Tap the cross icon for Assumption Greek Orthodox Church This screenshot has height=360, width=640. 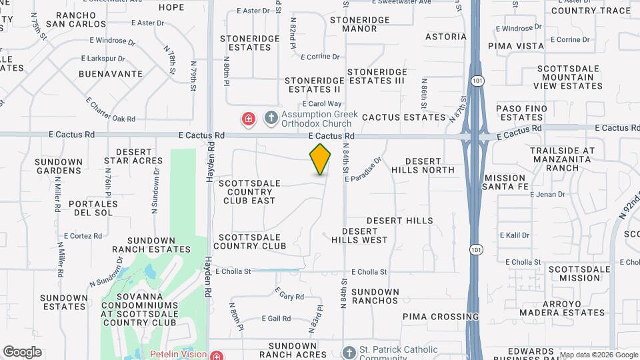[x=271, y=119]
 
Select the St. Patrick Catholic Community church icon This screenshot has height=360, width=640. [x=349, y=353]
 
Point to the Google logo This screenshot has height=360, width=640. [x=22, y=352]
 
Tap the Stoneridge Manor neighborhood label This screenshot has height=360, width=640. [x=359, y=24]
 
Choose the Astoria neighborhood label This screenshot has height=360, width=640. [x=446, y=37]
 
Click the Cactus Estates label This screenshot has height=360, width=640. [x=404, y=117]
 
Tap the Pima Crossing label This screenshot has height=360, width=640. [x=441, y=317]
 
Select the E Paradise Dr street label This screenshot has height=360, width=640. [x=367, y=167]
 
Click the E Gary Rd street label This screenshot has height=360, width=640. [x=289, y=294]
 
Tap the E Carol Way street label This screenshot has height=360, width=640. [x=322, y=104]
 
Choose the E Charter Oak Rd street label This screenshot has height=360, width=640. [x=111, y=110]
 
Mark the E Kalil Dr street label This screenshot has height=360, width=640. [x=515, y=235]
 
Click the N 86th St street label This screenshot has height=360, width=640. [x=424, y=94]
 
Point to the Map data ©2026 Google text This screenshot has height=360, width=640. [x=598, y=355]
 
